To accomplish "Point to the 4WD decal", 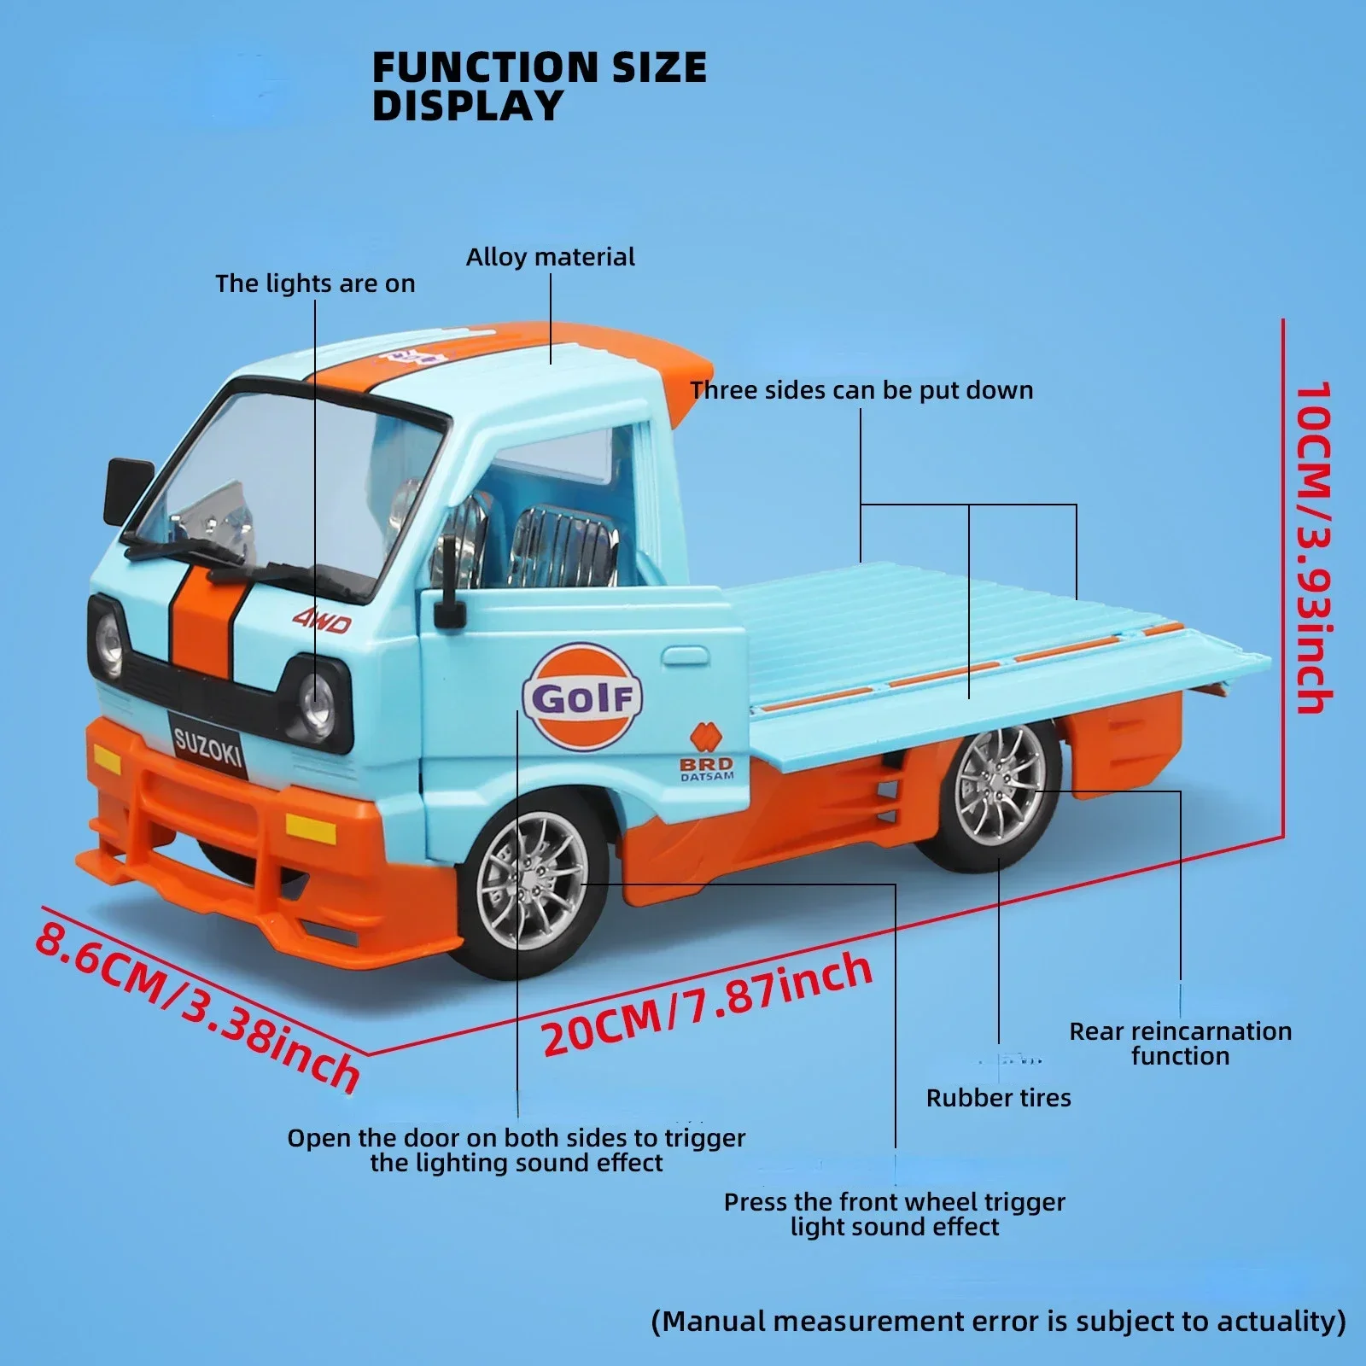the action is (x=322, y=622).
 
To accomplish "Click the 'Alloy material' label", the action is (x=550, y=257).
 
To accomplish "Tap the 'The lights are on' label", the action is (x=315, y=283).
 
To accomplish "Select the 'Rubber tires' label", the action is (x=998, y=1097).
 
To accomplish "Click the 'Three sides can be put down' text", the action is (x=861, y=390).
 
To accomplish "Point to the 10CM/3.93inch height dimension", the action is (x=1314, y=546).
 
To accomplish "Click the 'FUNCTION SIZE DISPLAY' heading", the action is (x=539, y=86).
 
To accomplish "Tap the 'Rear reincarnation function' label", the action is (x=1180, y=1043).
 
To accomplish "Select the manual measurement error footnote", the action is (x=998, y=1321).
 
